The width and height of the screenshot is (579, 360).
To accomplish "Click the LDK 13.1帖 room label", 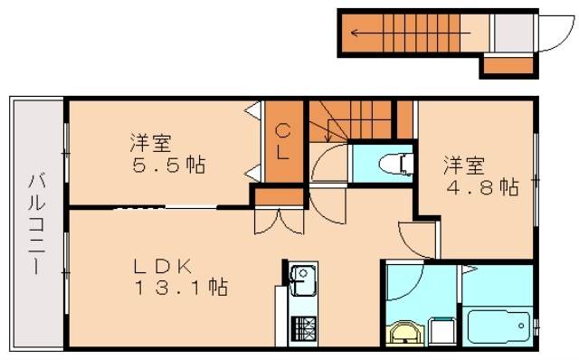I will tap(180, 278).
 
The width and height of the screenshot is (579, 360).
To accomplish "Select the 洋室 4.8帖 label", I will tap(479, 176).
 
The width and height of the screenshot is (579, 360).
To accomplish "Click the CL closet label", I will tap(282, 141).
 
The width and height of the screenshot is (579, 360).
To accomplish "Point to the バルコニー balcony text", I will tap(37, 222).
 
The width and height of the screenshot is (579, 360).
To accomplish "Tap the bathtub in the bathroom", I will tap(498, 323).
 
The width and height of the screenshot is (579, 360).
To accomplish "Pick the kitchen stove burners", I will tap(300, 327).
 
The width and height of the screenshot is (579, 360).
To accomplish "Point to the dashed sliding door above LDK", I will tap(136, 208).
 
